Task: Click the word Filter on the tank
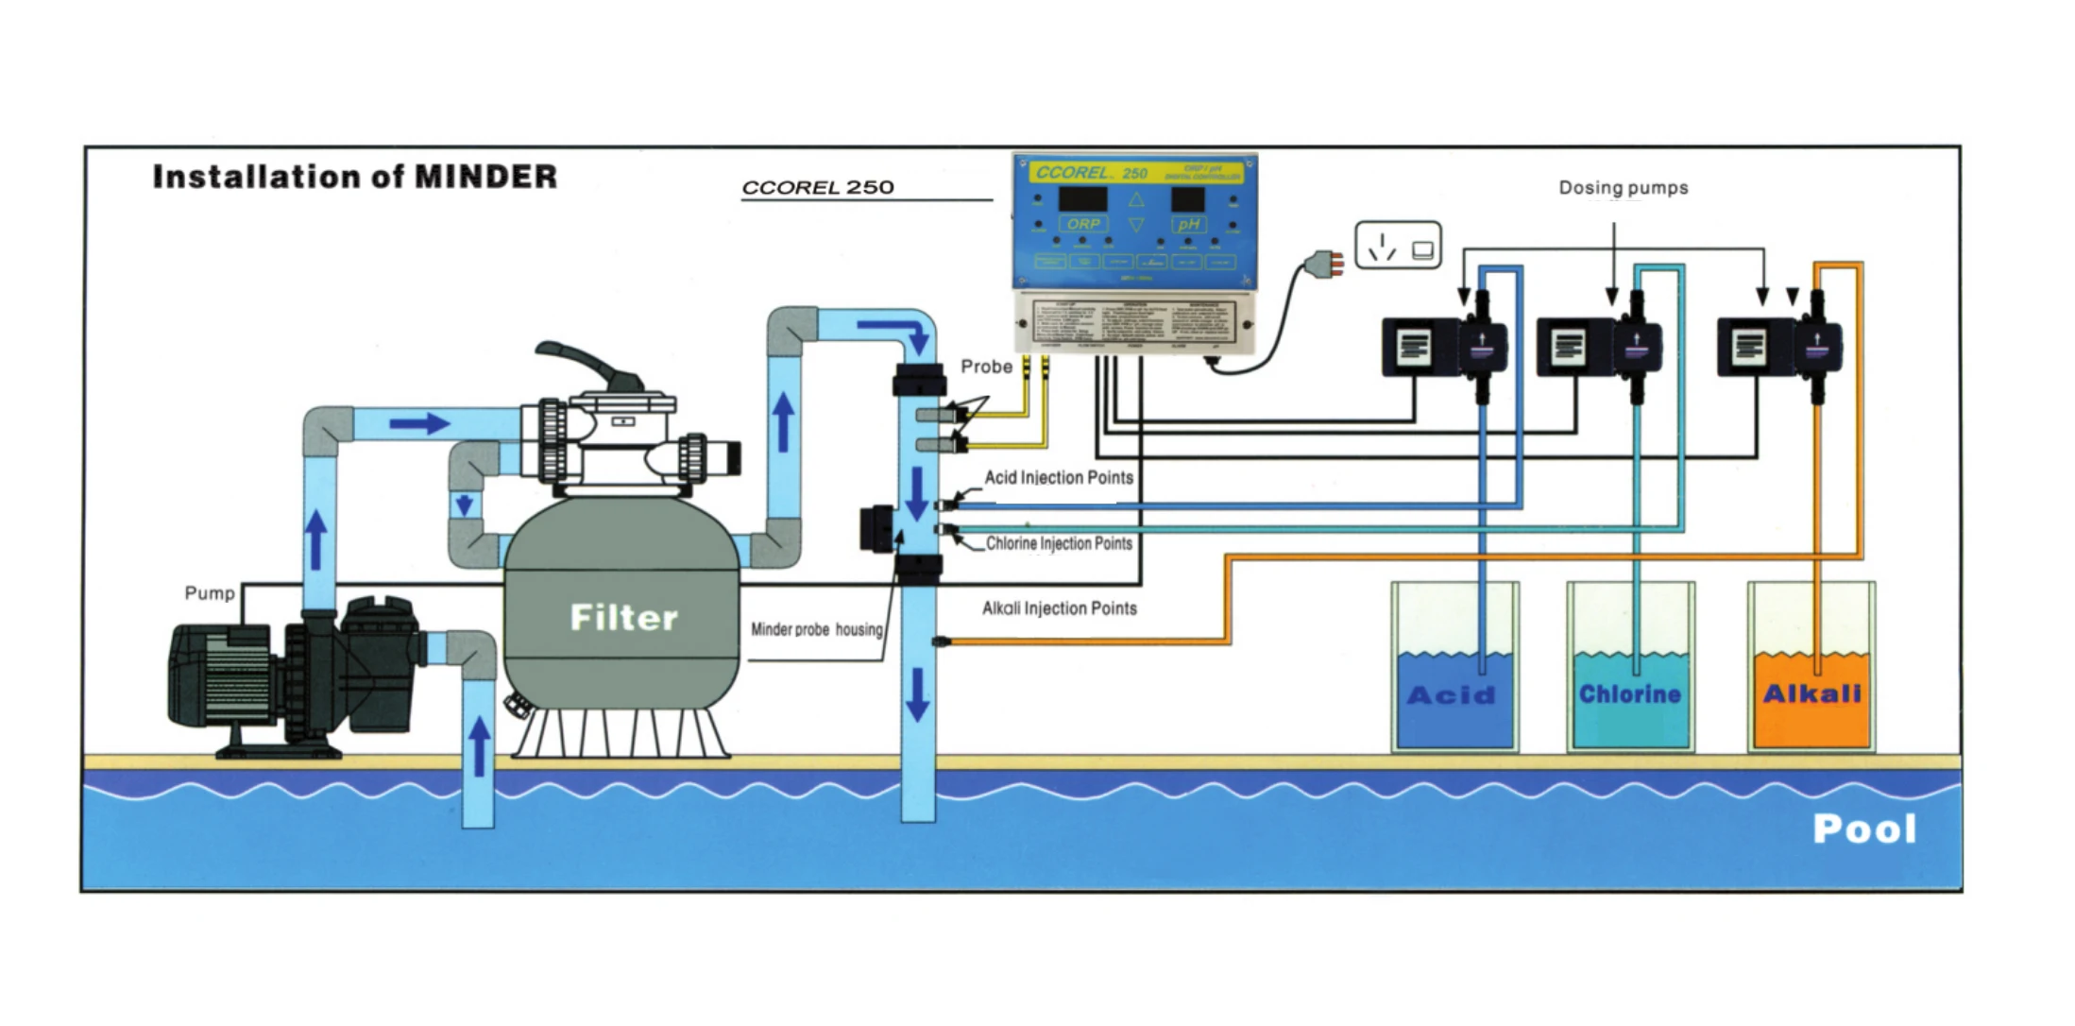point(623,618)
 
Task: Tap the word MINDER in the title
point(485,177)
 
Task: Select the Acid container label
point(1452,695)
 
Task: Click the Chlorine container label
point(1629,694)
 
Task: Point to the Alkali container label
point(1811,694)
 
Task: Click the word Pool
point(1864,829)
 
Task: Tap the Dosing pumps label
point(1623,188)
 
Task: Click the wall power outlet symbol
point(1398,246)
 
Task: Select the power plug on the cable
point(1321,263)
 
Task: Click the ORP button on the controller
point(1083,224)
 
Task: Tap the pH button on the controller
point(1188,224)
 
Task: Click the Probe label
point(986,367)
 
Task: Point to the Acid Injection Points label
point(1058,478)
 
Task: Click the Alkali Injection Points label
point(1059,608)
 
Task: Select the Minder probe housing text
point(816,629)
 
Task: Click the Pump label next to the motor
point(210,593)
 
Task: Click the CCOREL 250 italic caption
point(817,188)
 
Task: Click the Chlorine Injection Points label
point(1058,544)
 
